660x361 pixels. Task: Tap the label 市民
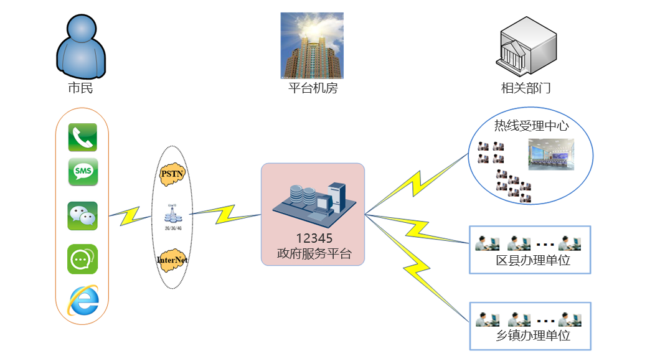coord(80,88)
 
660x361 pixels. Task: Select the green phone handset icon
coord(82,138)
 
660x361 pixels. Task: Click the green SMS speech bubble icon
coord(82,172)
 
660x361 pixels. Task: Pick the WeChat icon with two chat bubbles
coord(82,215)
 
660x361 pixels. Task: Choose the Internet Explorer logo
coord(83,300)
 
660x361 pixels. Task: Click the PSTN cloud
coord(172,174)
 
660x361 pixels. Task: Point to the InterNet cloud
coord(172,260)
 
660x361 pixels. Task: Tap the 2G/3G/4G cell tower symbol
coord(172,215)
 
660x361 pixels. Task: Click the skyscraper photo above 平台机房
coord(312,45)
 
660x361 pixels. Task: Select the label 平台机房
coord(313,88)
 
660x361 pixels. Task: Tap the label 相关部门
coord(526,88)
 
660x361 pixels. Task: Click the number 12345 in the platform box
coord(314,238)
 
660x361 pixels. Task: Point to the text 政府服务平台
coord(314,253)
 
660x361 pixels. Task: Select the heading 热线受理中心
coord(531,126)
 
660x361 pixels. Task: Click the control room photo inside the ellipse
coord(551,154)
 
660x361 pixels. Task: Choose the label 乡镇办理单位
coord(533,336)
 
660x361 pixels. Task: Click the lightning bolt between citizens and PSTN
coord(131,215)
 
